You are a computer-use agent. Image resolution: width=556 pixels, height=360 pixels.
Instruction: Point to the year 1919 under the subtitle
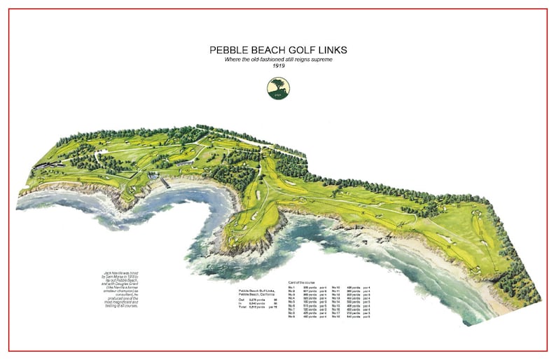[278, 67]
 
